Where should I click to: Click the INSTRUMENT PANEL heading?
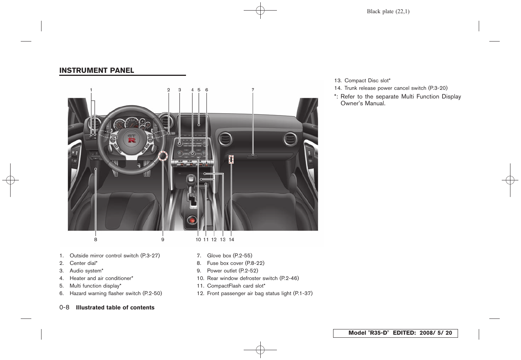coord(97,71)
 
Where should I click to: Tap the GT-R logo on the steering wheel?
coord(131,138)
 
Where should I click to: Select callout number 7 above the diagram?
coord(253,90)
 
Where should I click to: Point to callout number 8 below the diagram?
coord(96,240)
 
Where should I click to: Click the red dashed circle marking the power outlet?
coord(163,155)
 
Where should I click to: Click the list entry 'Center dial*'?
coord(83,263)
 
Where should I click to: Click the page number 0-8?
coord(64,308)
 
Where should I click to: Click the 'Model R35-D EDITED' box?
coord(395,333)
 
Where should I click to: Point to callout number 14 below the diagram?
coord(231,240)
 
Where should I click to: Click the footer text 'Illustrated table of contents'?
coord(115,308)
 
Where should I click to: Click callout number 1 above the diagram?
coord(91,90)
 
